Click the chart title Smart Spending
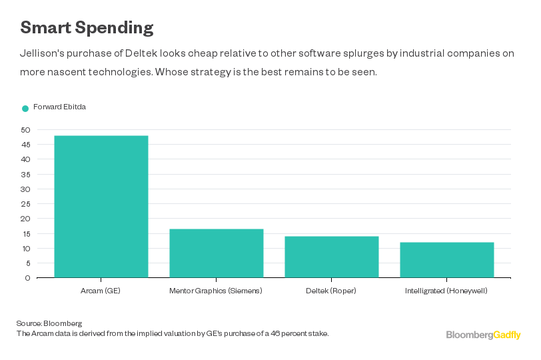[87, 27]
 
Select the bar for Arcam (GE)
[101, 207]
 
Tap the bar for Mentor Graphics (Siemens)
[217, 253]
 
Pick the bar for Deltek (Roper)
[332, 257]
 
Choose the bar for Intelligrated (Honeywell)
[447, 260]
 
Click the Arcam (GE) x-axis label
[101, 291]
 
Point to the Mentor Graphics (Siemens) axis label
[217, 291]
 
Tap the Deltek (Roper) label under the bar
[332, 291]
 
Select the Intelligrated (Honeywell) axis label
[447, 291]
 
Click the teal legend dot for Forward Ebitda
[25, 108]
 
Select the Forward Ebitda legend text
[59, 107]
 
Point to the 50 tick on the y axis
[25, 130]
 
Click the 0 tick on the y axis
[27, 278]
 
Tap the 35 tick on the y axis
[25, 175]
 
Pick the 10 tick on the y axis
[25, 249]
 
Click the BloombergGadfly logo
[483, 335]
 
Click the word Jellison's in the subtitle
[43, 55]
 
